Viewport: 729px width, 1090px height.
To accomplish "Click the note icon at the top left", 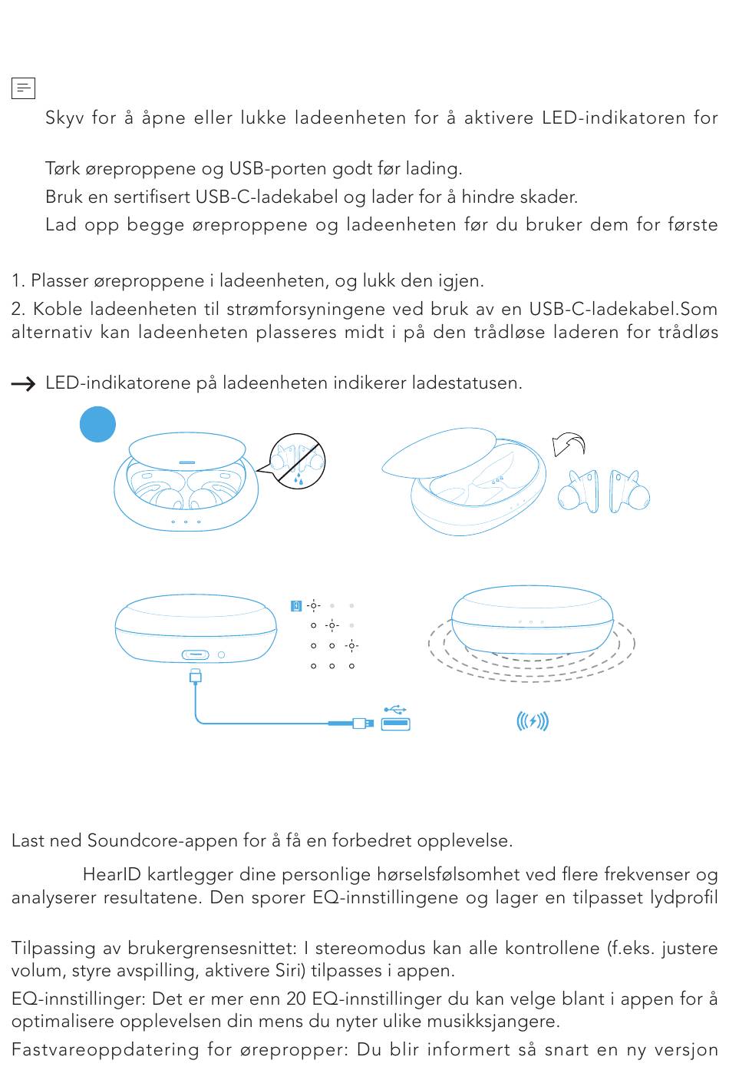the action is pyautogui.click(x=23, y=88).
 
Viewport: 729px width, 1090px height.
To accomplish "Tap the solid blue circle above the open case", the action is pyautogui.click(x=97, y=424).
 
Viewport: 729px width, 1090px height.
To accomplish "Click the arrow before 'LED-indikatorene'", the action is pyautogui.click(x=23, y=384).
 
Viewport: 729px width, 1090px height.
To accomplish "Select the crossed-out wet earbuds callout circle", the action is pyautogui.click(x=298, y=462).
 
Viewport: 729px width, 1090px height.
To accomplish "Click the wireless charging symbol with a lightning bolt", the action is pyautogui.click(x=533, y=721).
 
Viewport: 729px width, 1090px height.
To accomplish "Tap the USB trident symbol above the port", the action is pyautogui.click(x=395, y=710).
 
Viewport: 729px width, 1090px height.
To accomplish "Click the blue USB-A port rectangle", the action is pyautogui.click(x=396, y=724).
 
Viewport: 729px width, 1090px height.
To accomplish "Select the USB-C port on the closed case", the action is pyautogui.click(x=196, y=655).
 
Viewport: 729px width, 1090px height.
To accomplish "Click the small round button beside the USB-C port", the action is pyautogui.click(x=222, y=655).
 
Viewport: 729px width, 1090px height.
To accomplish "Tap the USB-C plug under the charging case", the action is pyautogui.click(x=196, y=676).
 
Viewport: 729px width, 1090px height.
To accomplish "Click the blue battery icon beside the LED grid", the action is pyautogui.click(x=296, y=606).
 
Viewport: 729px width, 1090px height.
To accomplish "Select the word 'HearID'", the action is pyautogui.click(x=112, y=874).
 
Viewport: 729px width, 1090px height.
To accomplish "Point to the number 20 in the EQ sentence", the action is pyautogui.click(x=296, y=999).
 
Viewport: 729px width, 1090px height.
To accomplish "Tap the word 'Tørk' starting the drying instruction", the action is pyautogui.click(x=63, y=168).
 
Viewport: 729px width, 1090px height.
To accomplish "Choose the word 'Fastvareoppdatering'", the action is pyautogui.click(x=105, y=1049).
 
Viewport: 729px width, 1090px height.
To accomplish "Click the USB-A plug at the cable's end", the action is pyautogui.click(x=363, y=724).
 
